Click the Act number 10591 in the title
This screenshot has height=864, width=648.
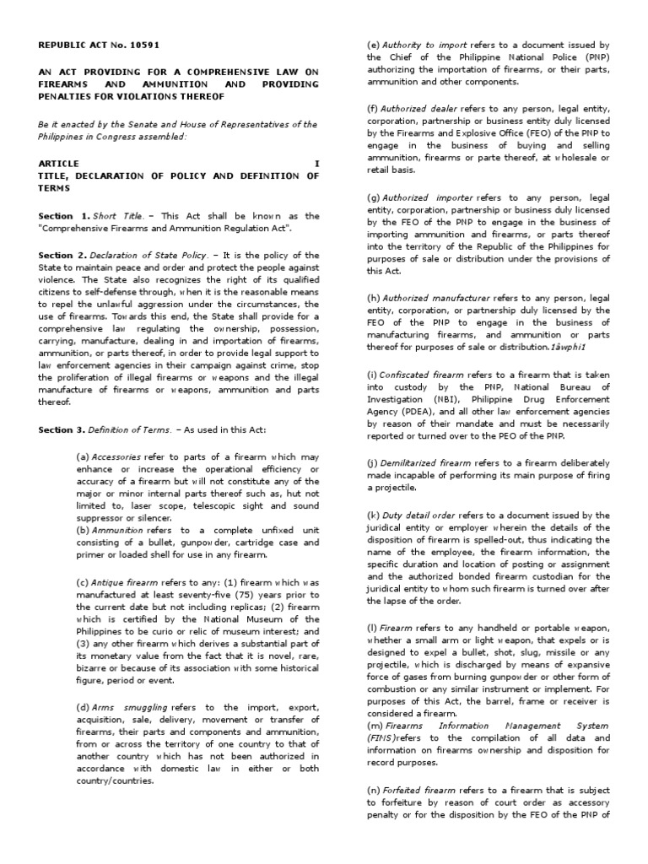click(143, 45)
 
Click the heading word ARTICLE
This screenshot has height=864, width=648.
click(59, 163)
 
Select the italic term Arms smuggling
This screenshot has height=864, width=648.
click(133, 705)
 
